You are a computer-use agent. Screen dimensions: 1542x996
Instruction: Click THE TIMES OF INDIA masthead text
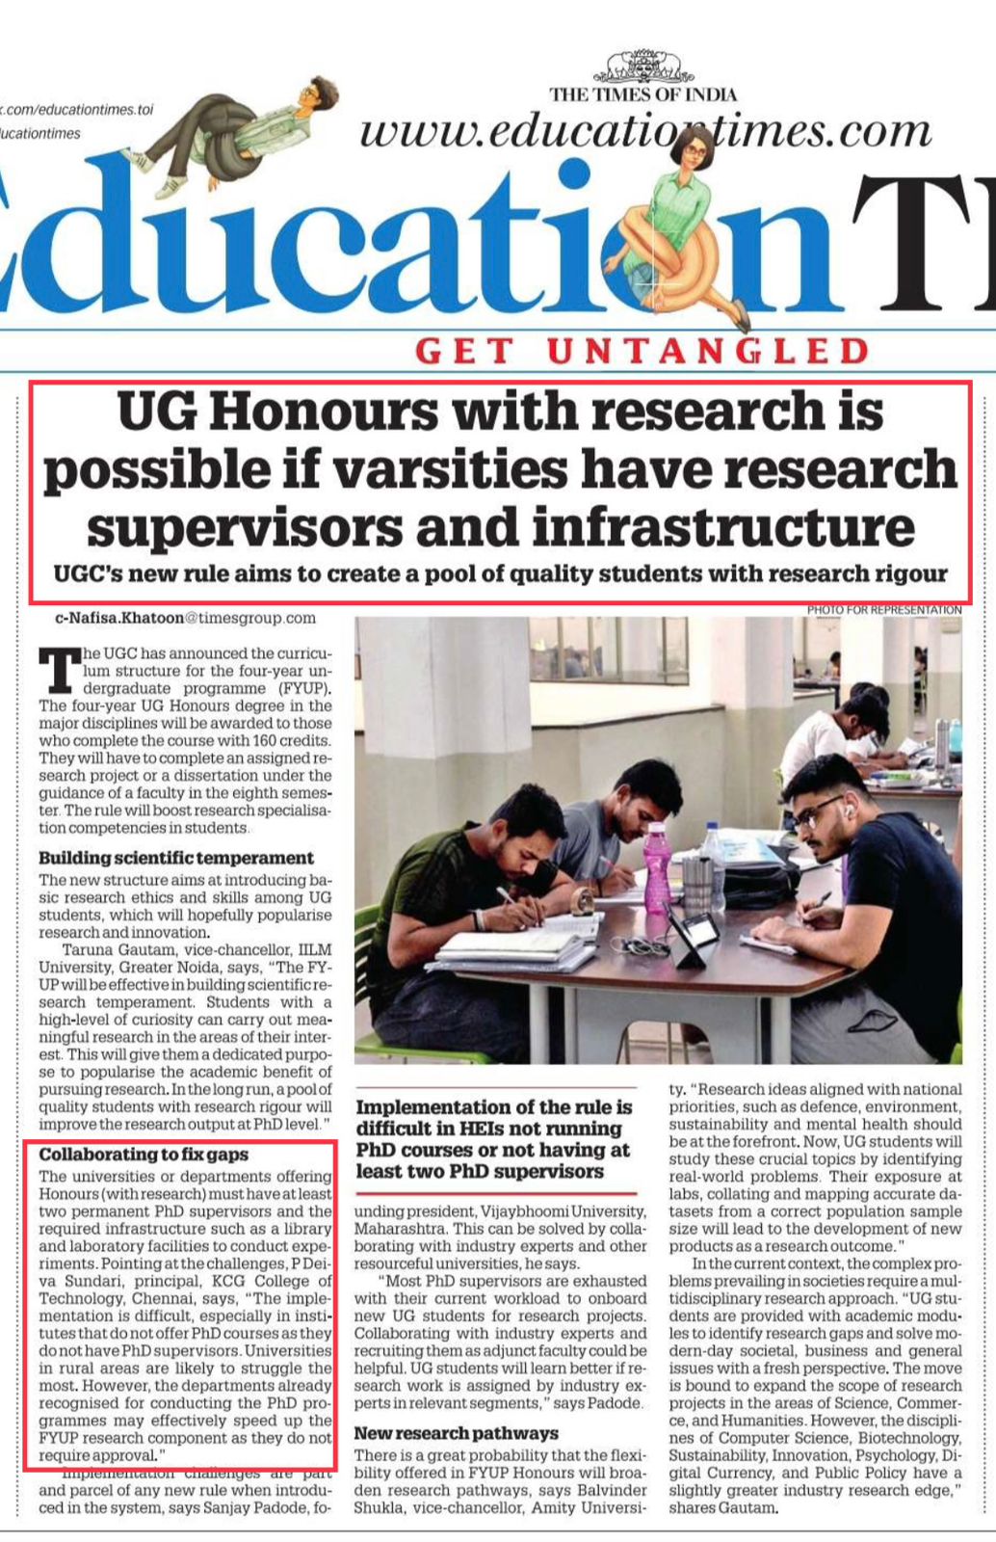(642, 94)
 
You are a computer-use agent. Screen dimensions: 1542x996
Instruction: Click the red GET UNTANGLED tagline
(642, 352)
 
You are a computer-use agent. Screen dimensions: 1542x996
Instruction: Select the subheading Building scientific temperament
(176, 858)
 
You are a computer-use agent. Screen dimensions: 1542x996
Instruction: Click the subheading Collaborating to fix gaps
(144, 1155)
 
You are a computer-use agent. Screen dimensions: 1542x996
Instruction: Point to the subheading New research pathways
(456, 1433)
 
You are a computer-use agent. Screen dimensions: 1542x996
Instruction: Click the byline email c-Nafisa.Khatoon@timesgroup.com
(185, 618)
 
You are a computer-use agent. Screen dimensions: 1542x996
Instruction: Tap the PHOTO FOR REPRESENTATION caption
(883, 610)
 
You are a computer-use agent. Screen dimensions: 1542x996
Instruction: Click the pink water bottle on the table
(657, 867)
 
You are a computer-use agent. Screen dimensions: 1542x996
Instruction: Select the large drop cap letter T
(57, 670)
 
